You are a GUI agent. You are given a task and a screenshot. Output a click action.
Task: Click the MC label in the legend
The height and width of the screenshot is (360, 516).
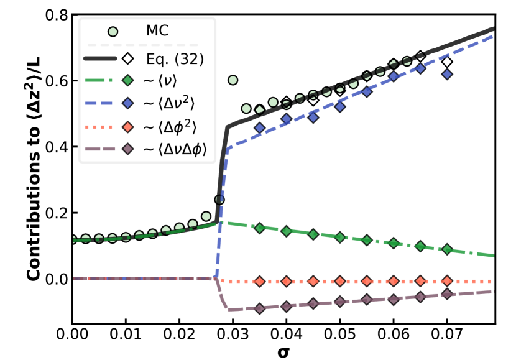(157, 30)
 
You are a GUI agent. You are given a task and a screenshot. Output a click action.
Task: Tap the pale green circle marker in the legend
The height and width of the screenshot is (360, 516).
(113, 31)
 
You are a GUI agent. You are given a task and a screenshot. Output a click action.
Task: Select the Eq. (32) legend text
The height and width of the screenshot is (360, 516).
(175, 59)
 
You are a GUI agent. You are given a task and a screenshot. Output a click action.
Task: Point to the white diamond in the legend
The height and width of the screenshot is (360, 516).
(127, 59)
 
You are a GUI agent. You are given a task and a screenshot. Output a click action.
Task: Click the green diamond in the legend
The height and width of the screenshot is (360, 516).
(127, 80)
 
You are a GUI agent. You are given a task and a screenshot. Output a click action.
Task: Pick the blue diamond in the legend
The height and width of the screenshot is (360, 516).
(127, 104)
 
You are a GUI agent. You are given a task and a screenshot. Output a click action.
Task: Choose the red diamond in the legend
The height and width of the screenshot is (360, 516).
(127, 127)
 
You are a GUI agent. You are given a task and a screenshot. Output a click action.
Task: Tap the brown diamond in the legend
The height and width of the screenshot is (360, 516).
(127, 149)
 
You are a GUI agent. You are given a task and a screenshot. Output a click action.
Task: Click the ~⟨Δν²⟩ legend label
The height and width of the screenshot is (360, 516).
(169, 104)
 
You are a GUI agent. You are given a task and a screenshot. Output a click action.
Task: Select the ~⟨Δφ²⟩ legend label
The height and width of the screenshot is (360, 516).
(169, 127)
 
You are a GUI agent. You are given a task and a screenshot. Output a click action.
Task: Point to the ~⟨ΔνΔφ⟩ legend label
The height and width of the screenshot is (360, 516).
(175, 149)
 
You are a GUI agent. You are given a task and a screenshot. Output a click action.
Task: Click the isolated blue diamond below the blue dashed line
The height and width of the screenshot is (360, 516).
(447, 74)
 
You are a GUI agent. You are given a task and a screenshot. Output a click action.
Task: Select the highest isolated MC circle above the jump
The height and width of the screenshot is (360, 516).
(233, 80)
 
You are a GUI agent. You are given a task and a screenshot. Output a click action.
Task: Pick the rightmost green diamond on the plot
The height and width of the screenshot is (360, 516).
(447, 249)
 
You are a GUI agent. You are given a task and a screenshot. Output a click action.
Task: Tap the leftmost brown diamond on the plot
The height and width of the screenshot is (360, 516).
(259, 308)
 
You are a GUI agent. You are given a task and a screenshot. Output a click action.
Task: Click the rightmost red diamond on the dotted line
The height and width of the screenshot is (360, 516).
(447, 281)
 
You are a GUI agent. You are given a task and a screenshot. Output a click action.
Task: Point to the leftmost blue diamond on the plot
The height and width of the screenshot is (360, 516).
(259, 127)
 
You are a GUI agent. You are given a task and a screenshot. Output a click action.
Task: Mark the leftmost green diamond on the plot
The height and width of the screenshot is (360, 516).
(259, 228)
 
